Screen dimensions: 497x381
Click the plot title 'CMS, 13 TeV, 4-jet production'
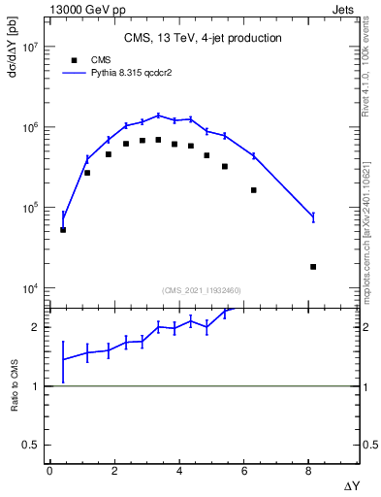click(203, 39)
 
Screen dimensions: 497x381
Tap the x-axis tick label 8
click(307, 471)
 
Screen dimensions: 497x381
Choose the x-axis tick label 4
click(179, 471)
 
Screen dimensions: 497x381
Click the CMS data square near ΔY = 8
click(313, 266)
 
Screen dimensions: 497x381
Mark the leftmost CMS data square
click(63, 230)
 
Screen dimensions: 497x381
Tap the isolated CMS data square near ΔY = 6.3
click(253, 190)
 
